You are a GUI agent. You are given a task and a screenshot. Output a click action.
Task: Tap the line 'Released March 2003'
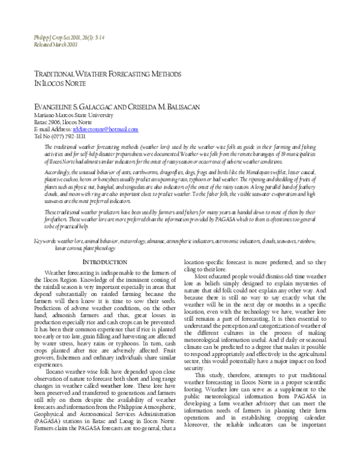tap(55, 44)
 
